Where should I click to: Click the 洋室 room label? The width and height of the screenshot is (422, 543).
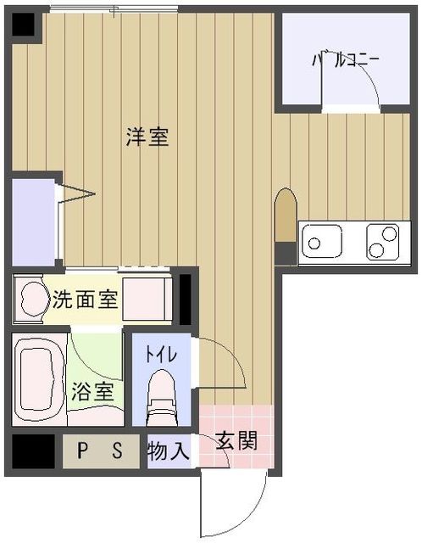click(147, 137)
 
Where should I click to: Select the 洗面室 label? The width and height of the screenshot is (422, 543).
click(85, 299)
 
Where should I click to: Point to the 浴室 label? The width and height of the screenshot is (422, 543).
click(92, 391)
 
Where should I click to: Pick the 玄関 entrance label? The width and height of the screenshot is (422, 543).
click(236, 441)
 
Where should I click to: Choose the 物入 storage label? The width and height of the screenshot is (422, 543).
click(169, 451)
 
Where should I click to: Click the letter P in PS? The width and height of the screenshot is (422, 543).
click(82, 451)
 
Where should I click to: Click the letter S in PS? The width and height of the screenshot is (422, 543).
click(118, 451)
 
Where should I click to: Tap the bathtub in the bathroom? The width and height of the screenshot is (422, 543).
click(39, 379)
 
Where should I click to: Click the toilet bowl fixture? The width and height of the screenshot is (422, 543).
click(161, 397)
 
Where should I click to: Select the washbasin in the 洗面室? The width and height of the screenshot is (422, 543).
click(34, 299)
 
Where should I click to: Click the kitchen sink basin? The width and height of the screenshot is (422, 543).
click(322, 241)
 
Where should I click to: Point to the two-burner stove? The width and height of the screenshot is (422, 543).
click(383, 241)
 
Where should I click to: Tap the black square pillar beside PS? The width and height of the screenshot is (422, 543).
click(34, 451)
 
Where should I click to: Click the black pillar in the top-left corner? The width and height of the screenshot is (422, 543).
click(24, 25)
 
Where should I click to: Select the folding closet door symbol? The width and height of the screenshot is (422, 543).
click(75, 194)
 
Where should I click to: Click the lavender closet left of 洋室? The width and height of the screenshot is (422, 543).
click(34, 222)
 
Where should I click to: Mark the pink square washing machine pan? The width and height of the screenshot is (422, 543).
click(147, 299)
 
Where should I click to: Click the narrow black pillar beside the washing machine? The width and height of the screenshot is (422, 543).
click(185, 299)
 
